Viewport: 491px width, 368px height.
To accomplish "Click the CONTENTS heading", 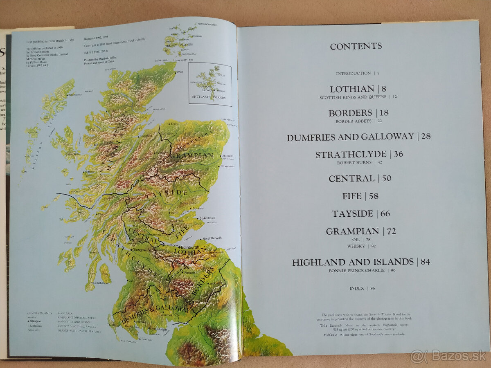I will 356,46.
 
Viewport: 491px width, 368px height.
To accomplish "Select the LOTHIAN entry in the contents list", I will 347,89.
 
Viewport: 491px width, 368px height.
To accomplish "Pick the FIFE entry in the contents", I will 352,196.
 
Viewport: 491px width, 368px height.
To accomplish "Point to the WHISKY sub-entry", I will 356,246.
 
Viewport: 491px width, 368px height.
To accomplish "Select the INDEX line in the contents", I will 356,288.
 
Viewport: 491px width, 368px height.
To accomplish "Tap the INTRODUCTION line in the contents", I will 353,73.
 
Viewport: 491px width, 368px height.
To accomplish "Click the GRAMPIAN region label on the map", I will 191,155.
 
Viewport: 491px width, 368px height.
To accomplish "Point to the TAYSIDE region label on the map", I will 172,193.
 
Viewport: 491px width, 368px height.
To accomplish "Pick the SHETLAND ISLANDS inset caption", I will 209,97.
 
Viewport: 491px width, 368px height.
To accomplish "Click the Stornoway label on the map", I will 75,94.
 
